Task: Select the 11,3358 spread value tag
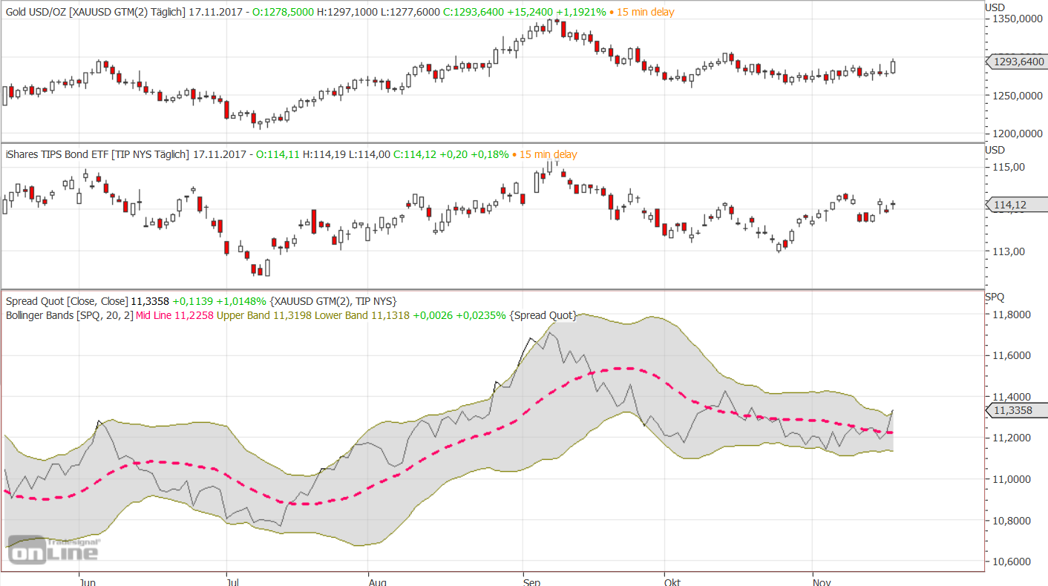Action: tap(1014, 410)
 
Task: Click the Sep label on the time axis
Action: tap(531, 582)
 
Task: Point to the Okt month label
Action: tap(672, 582)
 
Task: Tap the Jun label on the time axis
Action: tap(87, 582)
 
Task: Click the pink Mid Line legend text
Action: tap(174, 315)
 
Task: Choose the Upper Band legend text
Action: tap(249, 315)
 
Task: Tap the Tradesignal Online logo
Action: tap(53, 550)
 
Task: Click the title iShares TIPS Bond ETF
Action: tap(57, 154)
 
